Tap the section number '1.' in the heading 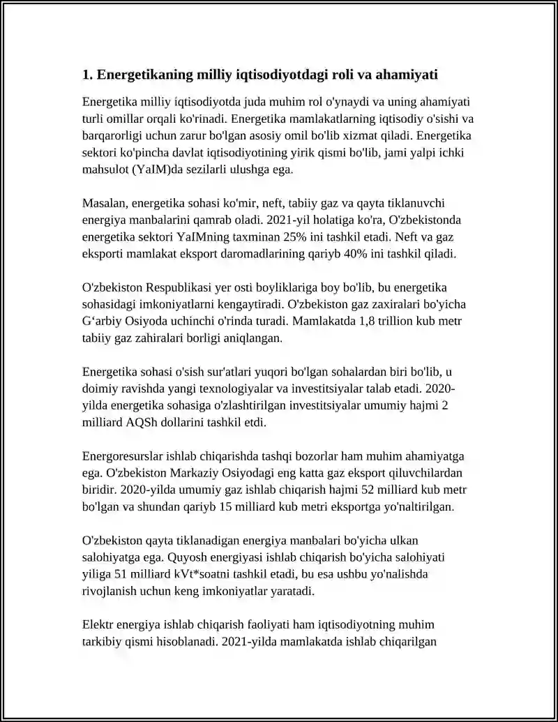(x=88, y=74)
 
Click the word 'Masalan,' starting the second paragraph (x=104, y=203)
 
